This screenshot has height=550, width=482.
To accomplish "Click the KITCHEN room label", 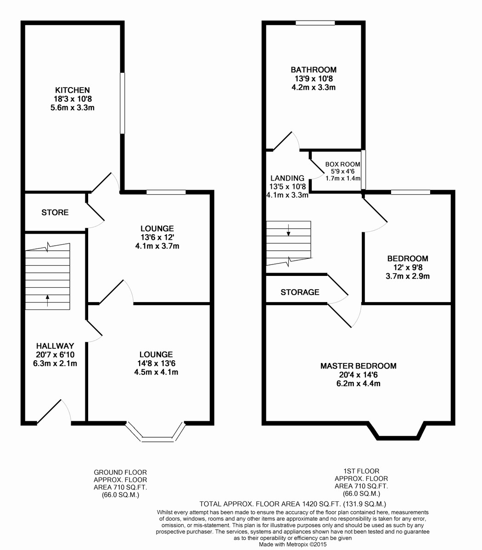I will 73,90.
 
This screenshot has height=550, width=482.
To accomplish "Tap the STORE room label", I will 55,213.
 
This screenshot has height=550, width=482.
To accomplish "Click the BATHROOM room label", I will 314,70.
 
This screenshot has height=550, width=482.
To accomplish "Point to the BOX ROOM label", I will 342,164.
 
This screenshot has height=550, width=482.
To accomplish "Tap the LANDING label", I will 287,178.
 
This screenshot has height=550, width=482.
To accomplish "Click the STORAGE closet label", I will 300,292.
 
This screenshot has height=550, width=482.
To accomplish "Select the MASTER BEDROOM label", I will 358,366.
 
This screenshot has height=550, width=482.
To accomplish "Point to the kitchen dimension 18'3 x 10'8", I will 73,99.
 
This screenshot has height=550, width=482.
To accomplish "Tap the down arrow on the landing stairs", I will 288,230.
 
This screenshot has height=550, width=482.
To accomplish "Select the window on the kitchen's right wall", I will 123,103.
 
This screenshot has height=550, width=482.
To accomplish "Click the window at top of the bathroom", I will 315,22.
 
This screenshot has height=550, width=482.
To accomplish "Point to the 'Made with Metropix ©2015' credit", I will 293,544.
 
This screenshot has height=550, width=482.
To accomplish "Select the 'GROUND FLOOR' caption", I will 120,472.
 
